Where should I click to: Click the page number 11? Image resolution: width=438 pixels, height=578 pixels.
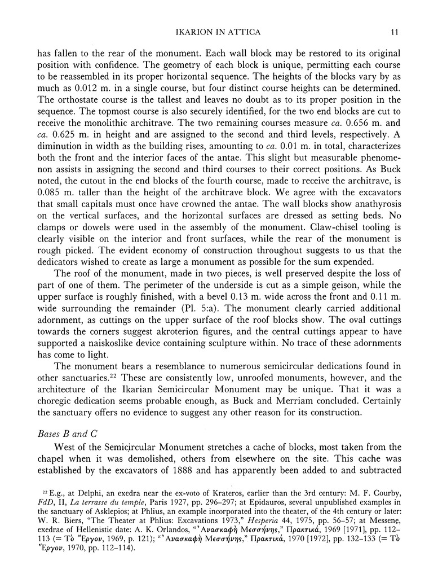click(x=396, y=32)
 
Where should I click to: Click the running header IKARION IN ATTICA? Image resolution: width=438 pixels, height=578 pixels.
click(x=219, y=32)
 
